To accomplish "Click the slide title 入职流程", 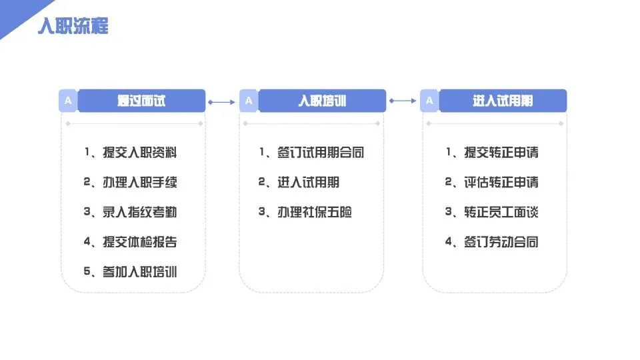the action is click(73, 26).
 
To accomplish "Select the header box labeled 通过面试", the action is click(141, 101).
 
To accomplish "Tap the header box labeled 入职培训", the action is click(322, 101).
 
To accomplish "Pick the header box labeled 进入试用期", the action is click(503, 101).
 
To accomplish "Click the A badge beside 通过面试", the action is click(67, 101).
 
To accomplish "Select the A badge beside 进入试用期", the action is click(429, 101).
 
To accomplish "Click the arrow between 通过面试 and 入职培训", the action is click(222, 102).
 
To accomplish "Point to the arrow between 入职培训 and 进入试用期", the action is click(403, 101).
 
